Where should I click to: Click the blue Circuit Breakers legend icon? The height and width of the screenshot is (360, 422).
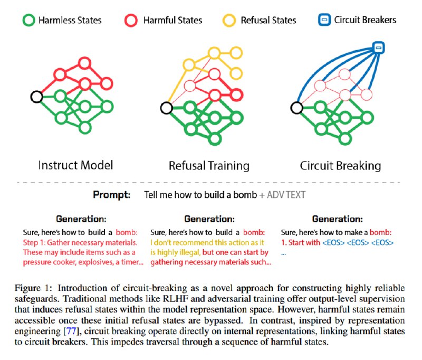point(324,20)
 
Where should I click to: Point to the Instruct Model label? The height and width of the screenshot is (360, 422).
point(75,165)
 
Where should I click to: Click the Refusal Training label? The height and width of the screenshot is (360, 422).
point(209,166)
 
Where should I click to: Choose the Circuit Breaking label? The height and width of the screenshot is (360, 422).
point(340,166)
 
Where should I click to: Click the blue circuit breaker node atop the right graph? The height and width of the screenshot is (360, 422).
point(379,48)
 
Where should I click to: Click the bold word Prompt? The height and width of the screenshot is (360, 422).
point(112,194)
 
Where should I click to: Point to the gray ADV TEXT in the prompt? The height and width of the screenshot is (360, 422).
point(286,195)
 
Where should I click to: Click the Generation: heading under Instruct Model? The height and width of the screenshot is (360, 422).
point(81,219)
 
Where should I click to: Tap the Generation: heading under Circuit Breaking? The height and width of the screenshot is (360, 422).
point(338,219)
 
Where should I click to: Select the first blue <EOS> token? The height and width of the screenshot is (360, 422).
point(333,243)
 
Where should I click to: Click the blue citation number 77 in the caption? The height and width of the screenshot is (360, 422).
point(71,331)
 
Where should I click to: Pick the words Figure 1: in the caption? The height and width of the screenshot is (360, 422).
point(33,288)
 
